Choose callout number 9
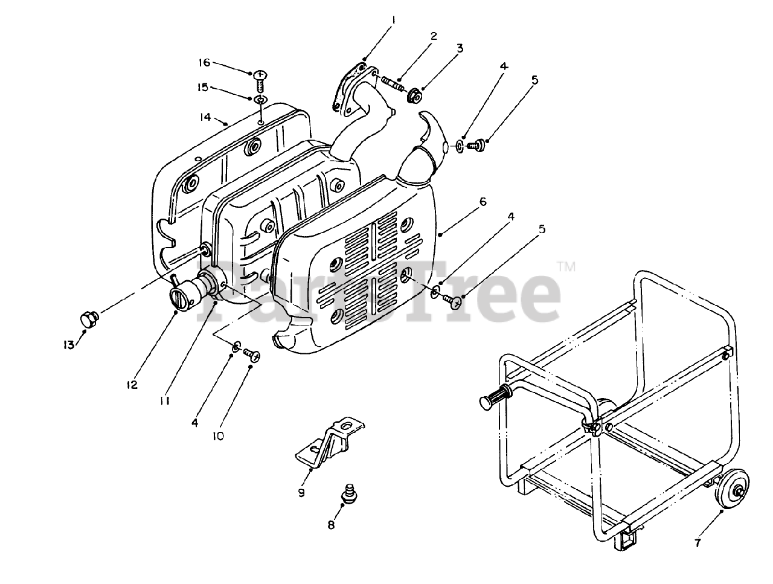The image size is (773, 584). [x=301, y=492]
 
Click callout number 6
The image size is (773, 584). [x=483, y=202]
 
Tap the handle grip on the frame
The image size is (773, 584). [x=495, y=399]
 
